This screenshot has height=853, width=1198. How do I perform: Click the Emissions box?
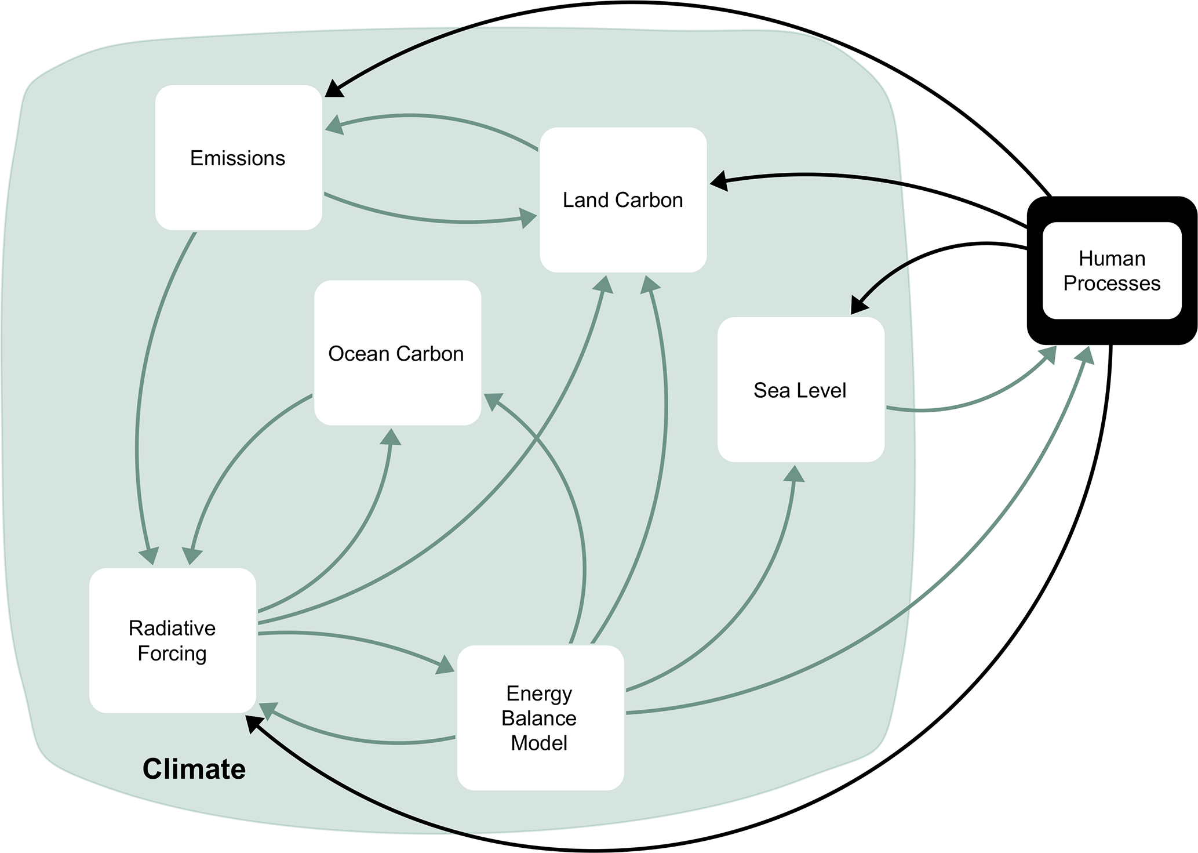238,158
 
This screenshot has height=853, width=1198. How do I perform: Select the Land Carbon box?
623,200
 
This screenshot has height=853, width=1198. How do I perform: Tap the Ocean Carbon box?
397,353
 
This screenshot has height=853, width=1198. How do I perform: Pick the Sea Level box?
800,390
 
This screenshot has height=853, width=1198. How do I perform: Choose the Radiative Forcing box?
172,640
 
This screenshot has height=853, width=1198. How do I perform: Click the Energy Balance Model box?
540,718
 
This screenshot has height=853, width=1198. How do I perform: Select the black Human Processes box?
1112,271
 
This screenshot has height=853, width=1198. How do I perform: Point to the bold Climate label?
194,769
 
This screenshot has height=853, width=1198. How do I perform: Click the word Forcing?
172,654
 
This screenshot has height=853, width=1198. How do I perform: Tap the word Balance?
539,718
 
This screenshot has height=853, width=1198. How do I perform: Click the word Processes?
1112,284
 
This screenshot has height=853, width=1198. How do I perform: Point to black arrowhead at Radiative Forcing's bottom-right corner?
254,724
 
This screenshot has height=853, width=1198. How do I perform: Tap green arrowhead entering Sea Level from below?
795,474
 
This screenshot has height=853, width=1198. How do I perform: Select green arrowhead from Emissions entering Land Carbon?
527,218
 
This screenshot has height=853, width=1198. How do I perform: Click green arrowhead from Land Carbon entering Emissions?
334,124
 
